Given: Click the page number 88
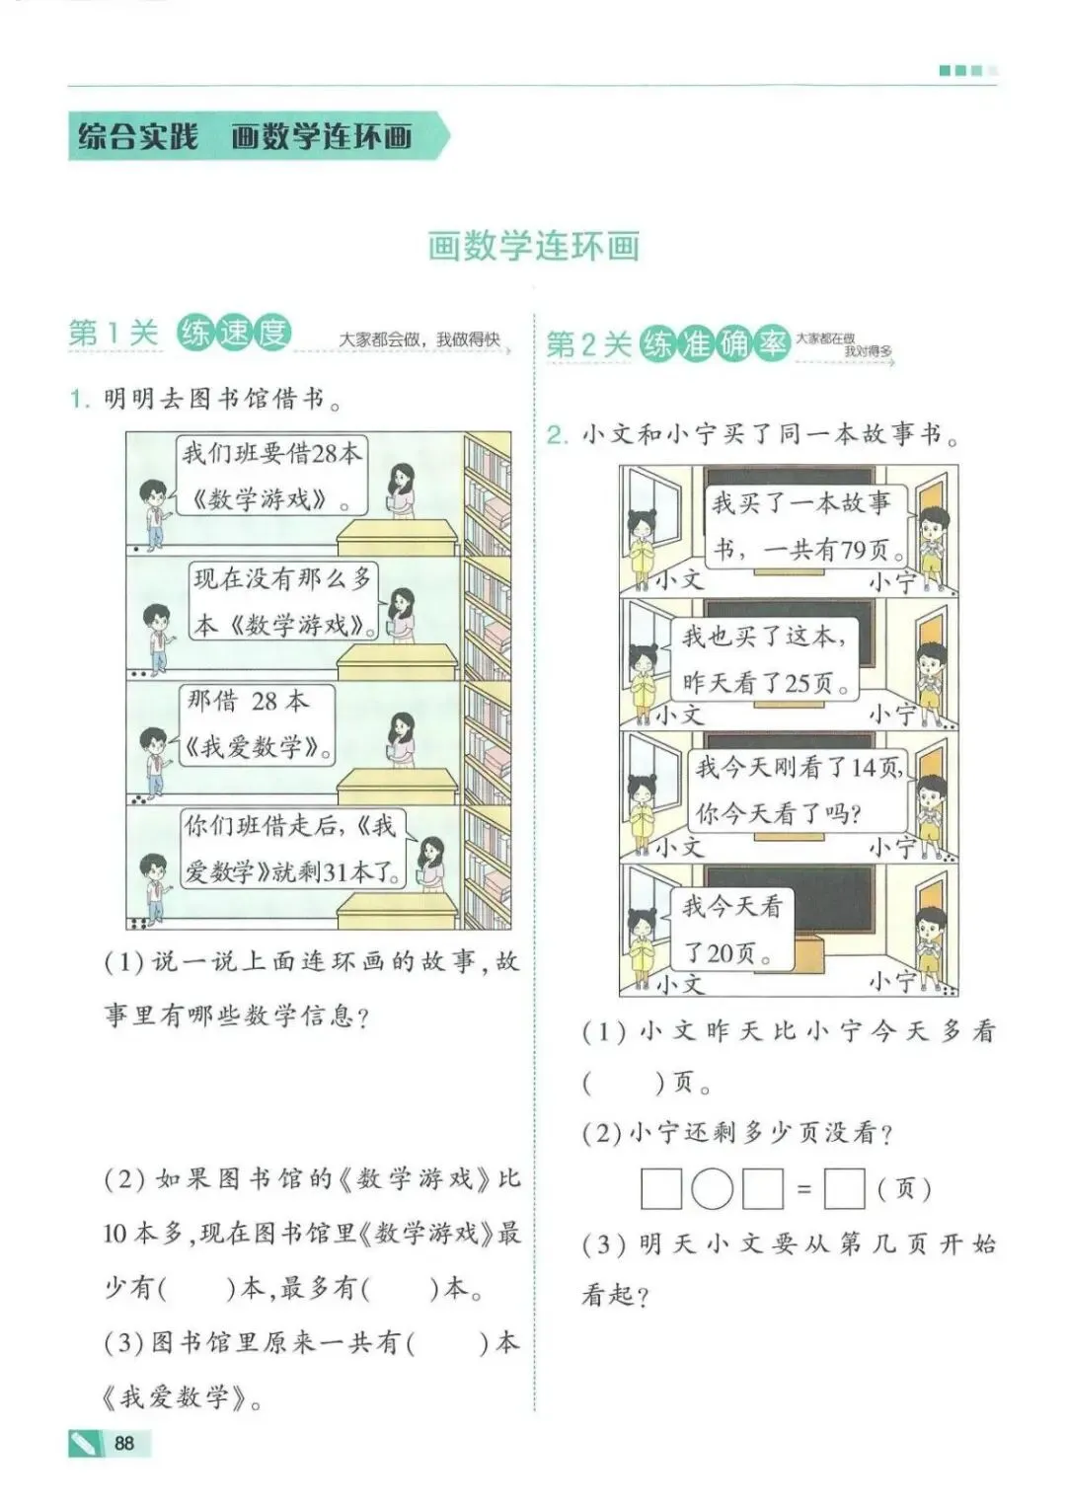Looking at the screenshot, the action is point(124,1443).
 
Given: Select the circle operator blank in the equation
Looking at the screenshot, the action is point(711,1188).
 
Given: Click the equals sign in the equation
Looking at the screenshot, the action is point(803,1189).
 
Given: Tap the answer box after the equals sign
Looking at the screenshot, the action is point(844,1188).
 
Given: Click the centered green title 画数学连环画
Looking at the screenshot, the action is point(533,246).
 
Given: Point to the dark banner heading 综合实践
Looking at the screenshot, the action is point(138,136).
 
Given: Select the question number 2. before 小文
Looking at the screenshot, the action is point(558,435).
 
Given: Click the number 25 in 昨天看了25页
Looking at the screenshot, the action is point(799,683).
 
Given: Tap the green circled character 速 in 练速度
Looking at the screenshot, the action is point(234,334).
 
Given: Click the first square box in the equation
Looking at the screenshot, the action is point(660,1188).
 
